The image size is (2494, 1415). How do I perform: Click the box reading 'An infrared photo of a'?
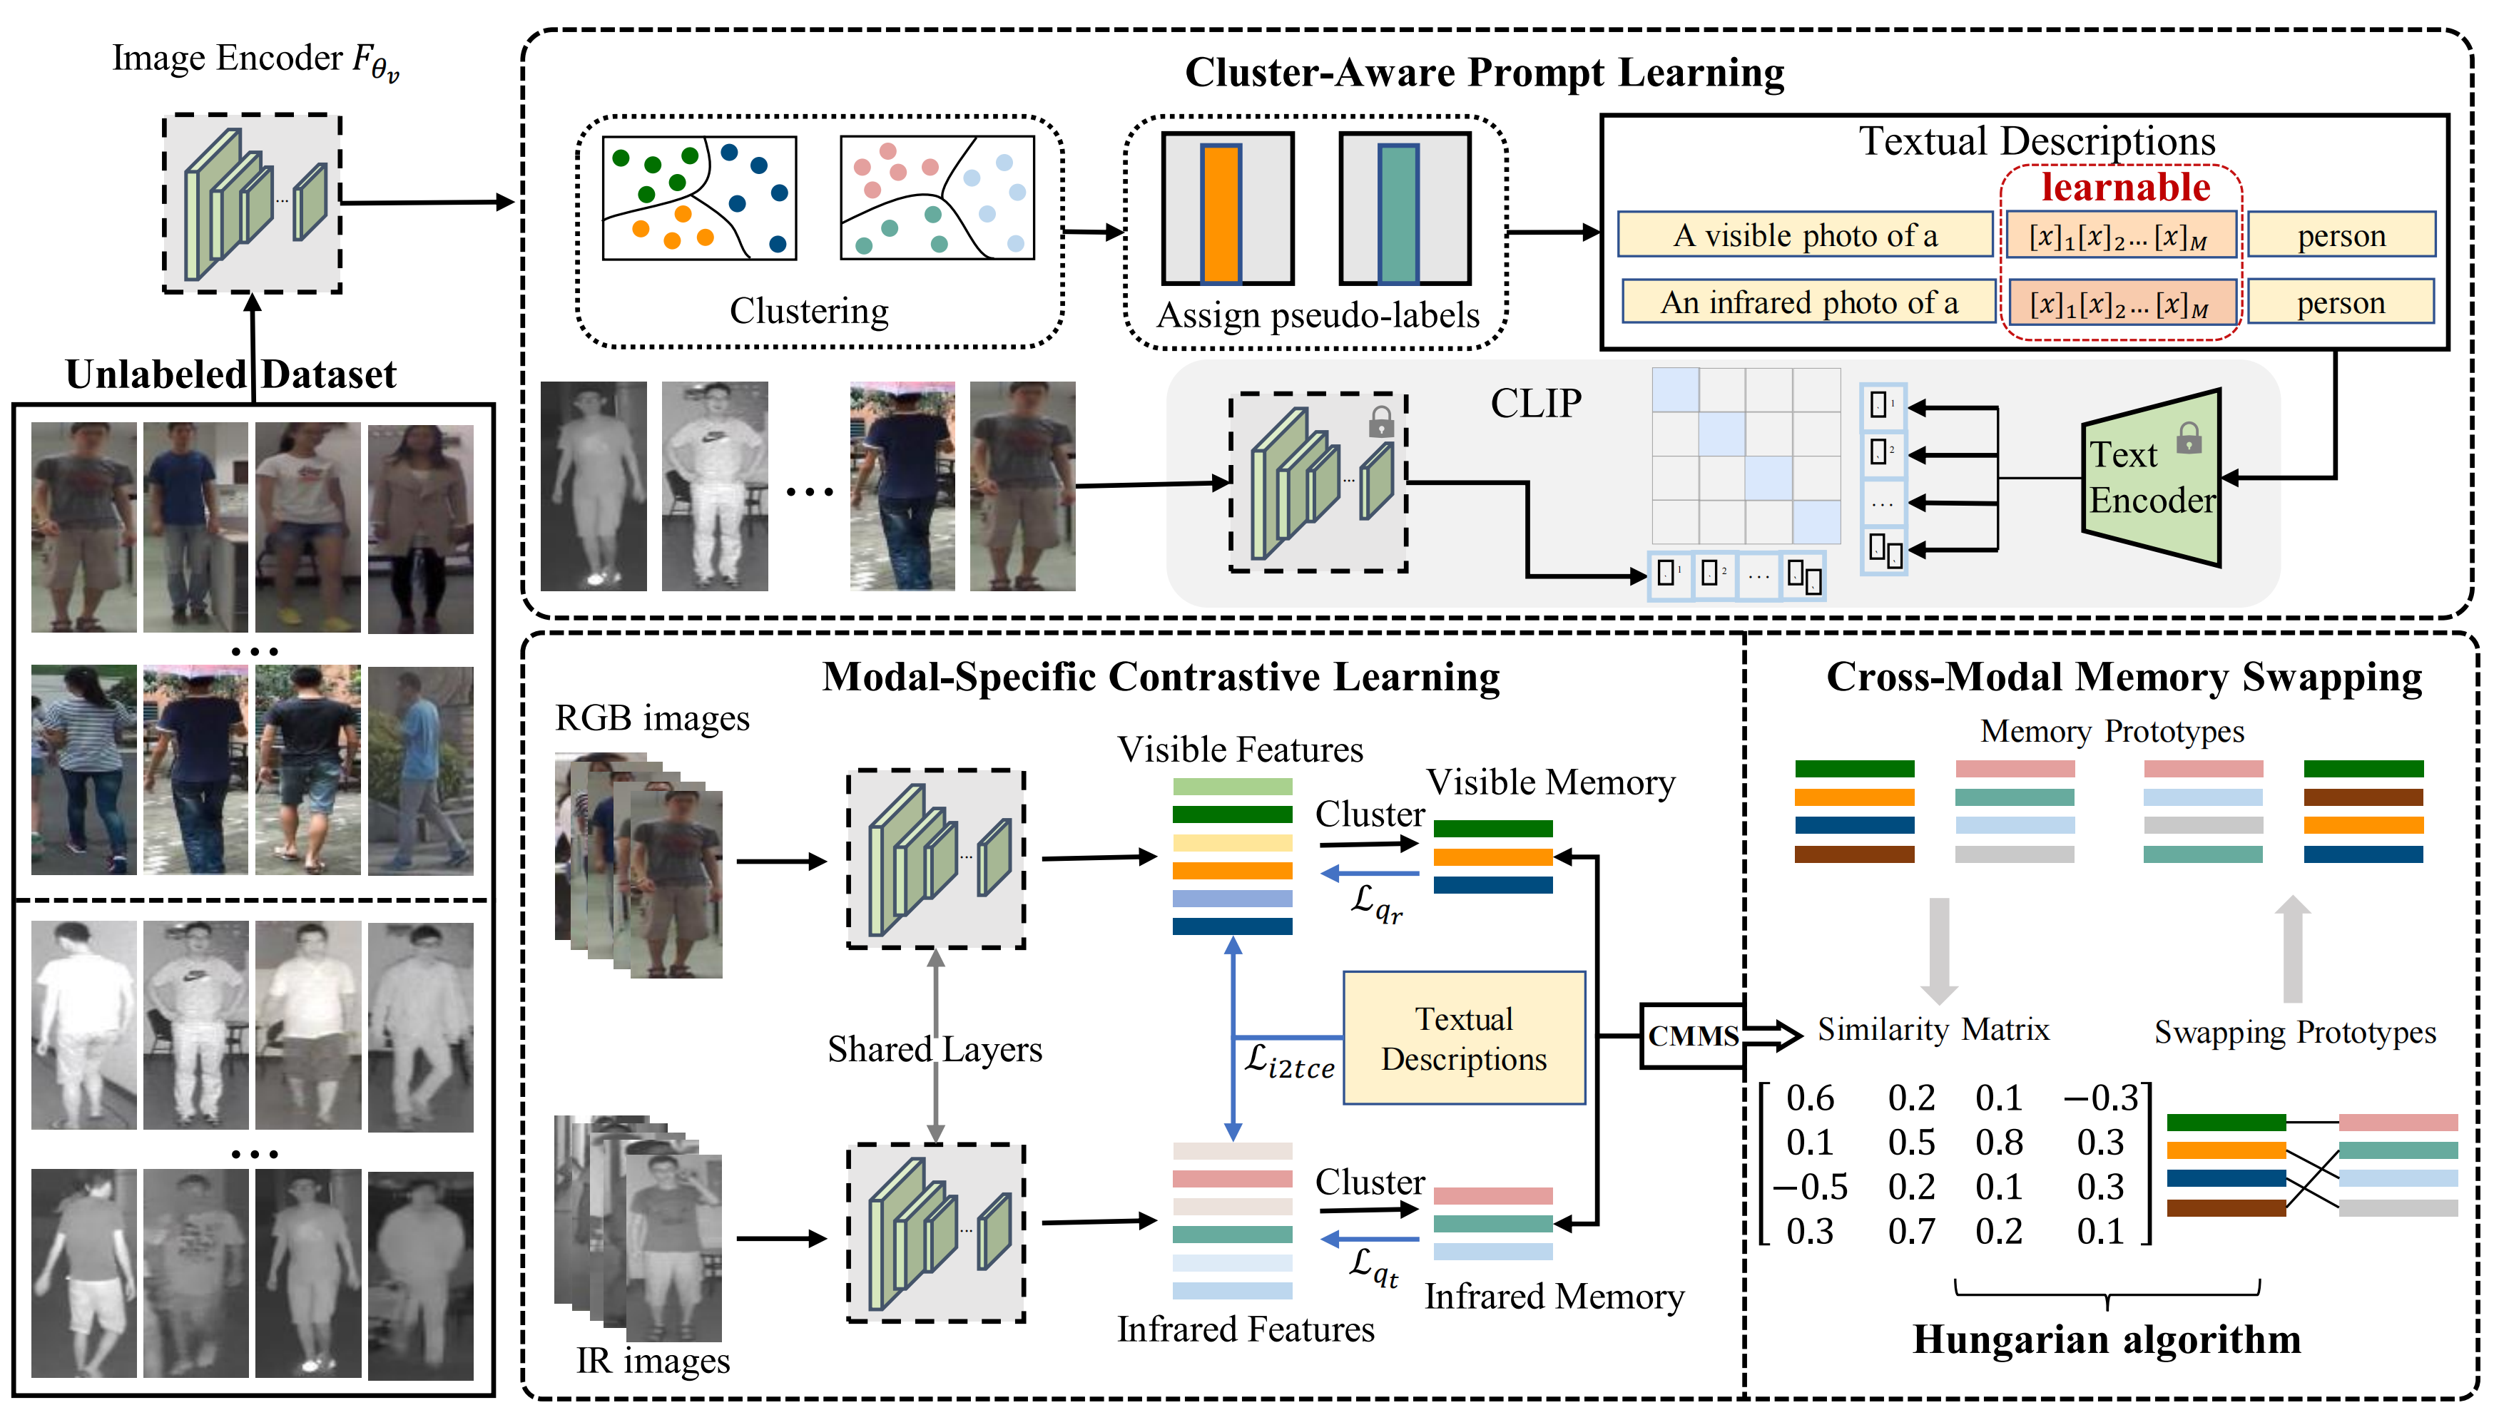coord(1808,302)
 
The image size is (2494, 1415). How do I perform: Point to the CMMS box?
coord(1692,1036)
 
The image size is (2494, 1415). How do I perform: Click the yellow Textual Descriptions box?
coord(1464,1038)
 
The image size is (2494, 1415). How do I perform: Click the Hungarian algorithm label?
coord(2106,1339)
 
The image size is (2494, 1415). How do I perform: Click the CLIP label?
coord(1536,403)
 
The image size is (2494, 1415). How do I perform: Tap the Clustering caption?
coord(809,310)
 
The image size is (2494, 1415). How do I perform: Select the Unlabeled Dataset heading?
coord(230,374)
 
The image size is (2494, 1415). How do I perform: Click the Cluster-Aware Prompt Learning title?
coord(1484,73)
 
